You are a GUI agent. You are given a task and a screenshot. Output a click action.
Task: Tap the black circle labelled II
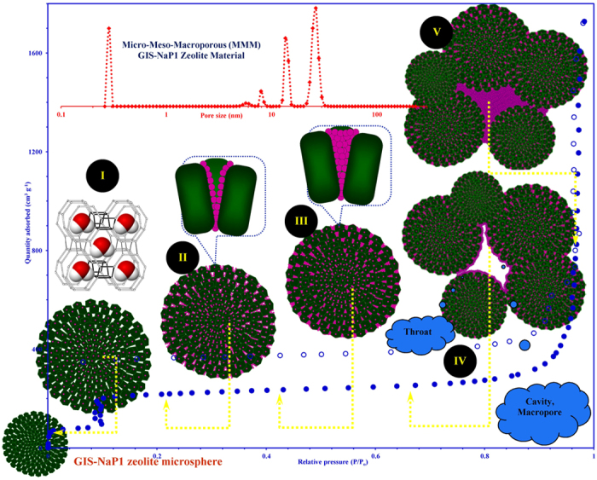click(183, 255)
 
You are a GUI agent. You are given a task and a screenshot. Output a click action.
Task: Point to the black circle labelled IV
click(460, 361)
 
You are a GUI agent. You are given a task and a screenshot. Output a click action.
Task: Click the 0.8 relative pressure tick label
click(484, 458)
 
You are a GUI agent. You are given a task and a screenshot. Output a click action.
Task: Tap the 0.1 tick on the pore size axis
click(61, 113)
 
